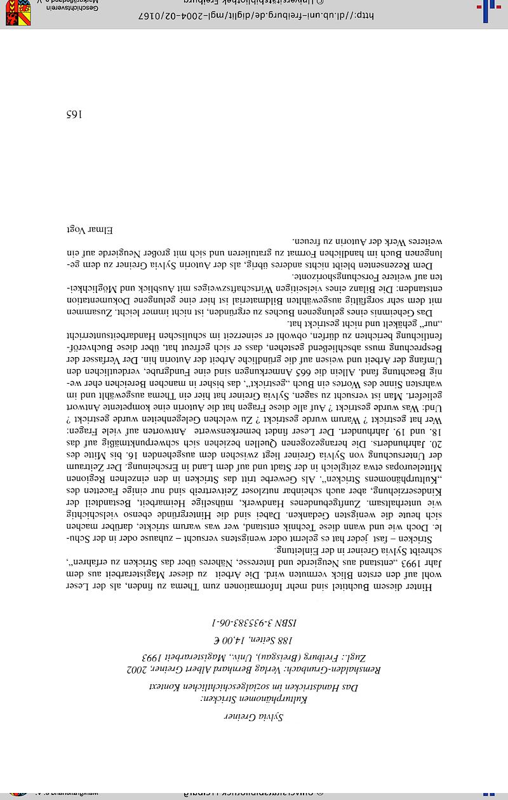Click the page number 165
point(75,115)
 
